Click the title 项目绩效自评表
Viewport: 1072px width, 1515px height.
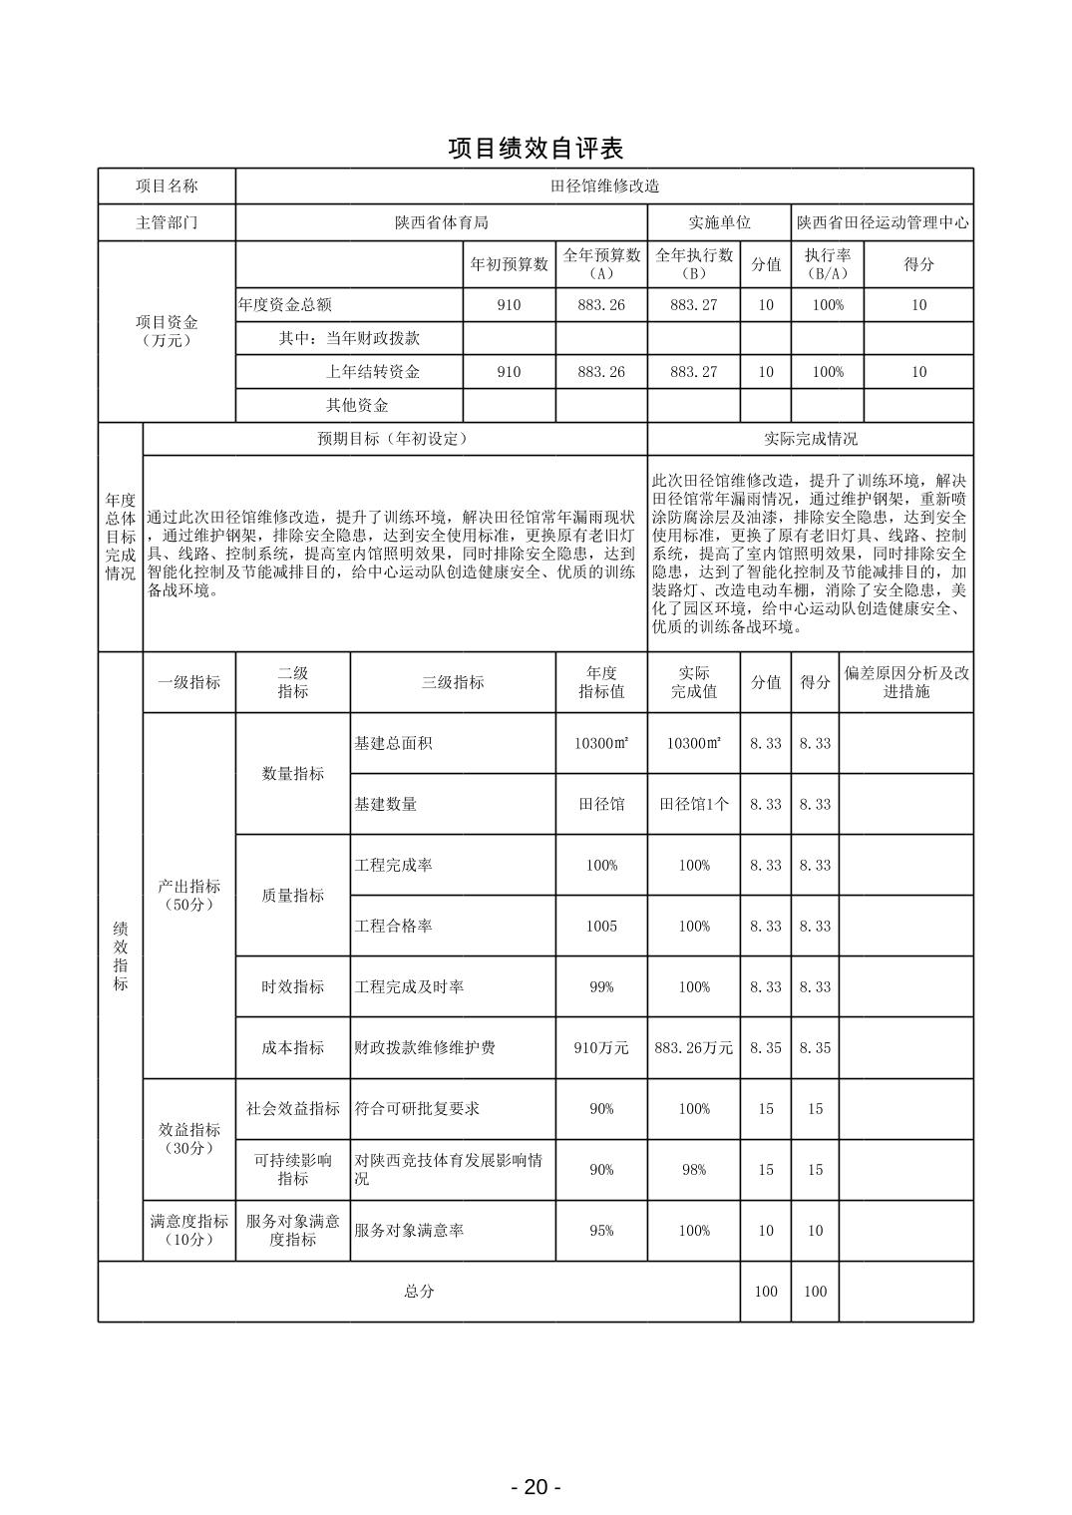[x=536, y=149]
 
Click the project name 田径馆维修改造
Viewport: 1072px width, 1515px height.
[x=604, y=187]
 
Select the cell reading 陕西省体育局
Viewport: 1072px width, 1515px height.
[x=441, y=223]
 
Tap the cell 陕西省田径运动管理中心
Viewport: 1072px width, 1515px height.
[x=882, y=223]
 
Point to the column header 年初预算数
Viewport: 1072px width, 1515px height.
[x=509, y=264]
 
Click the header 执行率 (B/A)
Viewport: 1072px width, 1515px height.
[x=827, y=264]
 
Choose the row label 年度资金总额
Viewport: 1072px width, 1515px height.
[x=285, y=305]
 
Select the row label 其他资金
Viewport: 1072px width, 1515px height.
[x=357, y=406]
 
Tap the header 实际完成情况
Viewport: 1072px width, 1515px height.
[x=810, y=439]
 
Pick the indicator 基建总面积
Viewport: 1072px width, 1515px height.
[x=393, y=744]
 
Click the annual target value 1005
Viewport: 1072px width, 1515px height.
[x=601, y=927]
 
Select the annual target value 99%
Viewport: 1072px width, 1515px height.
[x=601, y=987]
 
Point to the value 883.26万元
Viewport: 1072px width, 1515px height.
[x=693, y=1048]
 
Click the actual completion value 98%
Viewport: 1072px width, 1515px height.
[x=693, y=1170]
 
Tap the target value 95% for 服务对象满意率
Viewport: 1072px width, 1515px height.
[x=601, y=1231]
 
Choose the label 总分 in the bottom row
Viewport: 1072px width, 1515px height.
[x=419, y=1292]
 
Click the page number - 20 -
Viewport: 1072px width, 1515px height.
[x=536, y=1487]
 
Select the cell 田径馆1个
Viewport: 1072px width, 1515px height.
[x=693, y=805]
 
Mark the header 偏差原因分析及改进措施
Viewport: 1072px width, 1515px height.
[x=905, y=682]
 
